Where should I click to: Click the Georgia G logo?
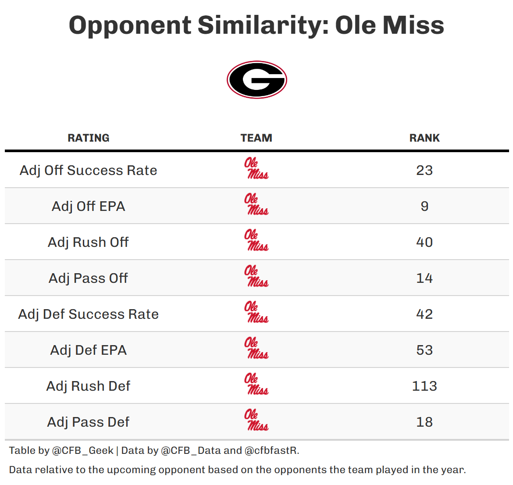(x=256, y=80)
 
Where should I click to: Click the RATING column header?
(x=89, y=138)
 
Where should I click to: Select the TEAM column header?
(x=256, y=138)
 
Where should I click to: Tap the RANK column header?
(x=424, y=138)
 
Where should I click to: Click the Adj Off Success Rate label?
(x=89, y=170)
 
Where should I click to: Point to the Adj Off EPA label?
(x=89, y=206)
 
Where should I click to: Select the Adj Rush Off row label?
(x=89, y=242)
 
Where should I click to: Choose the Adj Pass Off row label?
(x=89, y=278)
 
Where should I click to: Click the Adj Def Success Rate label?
(x=89, y=314)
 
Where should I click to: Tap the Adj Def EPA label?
(x=89, y=350)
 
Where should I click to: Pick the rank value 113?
(x=424, y=386)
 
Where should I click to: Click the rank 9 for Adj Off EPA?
(x=424, y=206)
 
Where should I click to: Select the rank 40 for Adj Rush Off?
(x=424, y=242)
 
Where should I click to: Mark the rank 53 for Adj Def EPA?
(x=424, y=350)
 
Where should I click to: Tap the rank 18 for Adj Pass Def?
(x=424, y=422)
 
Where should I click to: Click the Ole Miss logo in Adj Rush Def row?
(x=256, y=385)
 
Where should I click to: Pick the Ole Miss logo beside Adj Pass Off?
(x=256, y=277)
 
